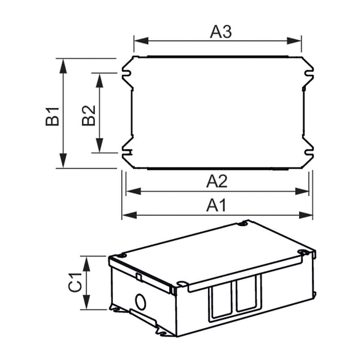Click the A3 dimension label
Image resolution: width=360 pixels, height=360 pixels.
point(220,31)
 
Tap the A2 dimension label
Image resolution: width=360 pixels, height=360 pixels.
point(217,181)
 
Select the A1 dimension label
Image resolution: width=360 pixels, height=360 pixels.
point(216,205)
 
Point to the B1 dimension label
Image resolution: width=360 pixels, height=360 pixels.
point(52,116)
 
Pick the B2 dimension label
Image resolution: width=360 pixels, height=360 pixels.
point(89,116)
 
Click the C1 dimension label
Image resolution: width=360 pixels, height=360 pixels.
point(75,282)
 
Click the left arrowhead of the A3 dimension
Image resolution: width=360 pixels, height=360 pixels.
point(141,41)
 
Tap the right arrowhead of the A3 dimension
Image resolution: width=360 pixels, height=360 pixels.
point(294,41)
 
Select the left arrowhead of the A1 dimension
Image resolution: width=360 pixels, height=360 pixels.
point(130,215)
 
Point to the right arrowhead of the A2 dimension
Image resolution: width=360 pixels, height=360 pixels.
point(302,191)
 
